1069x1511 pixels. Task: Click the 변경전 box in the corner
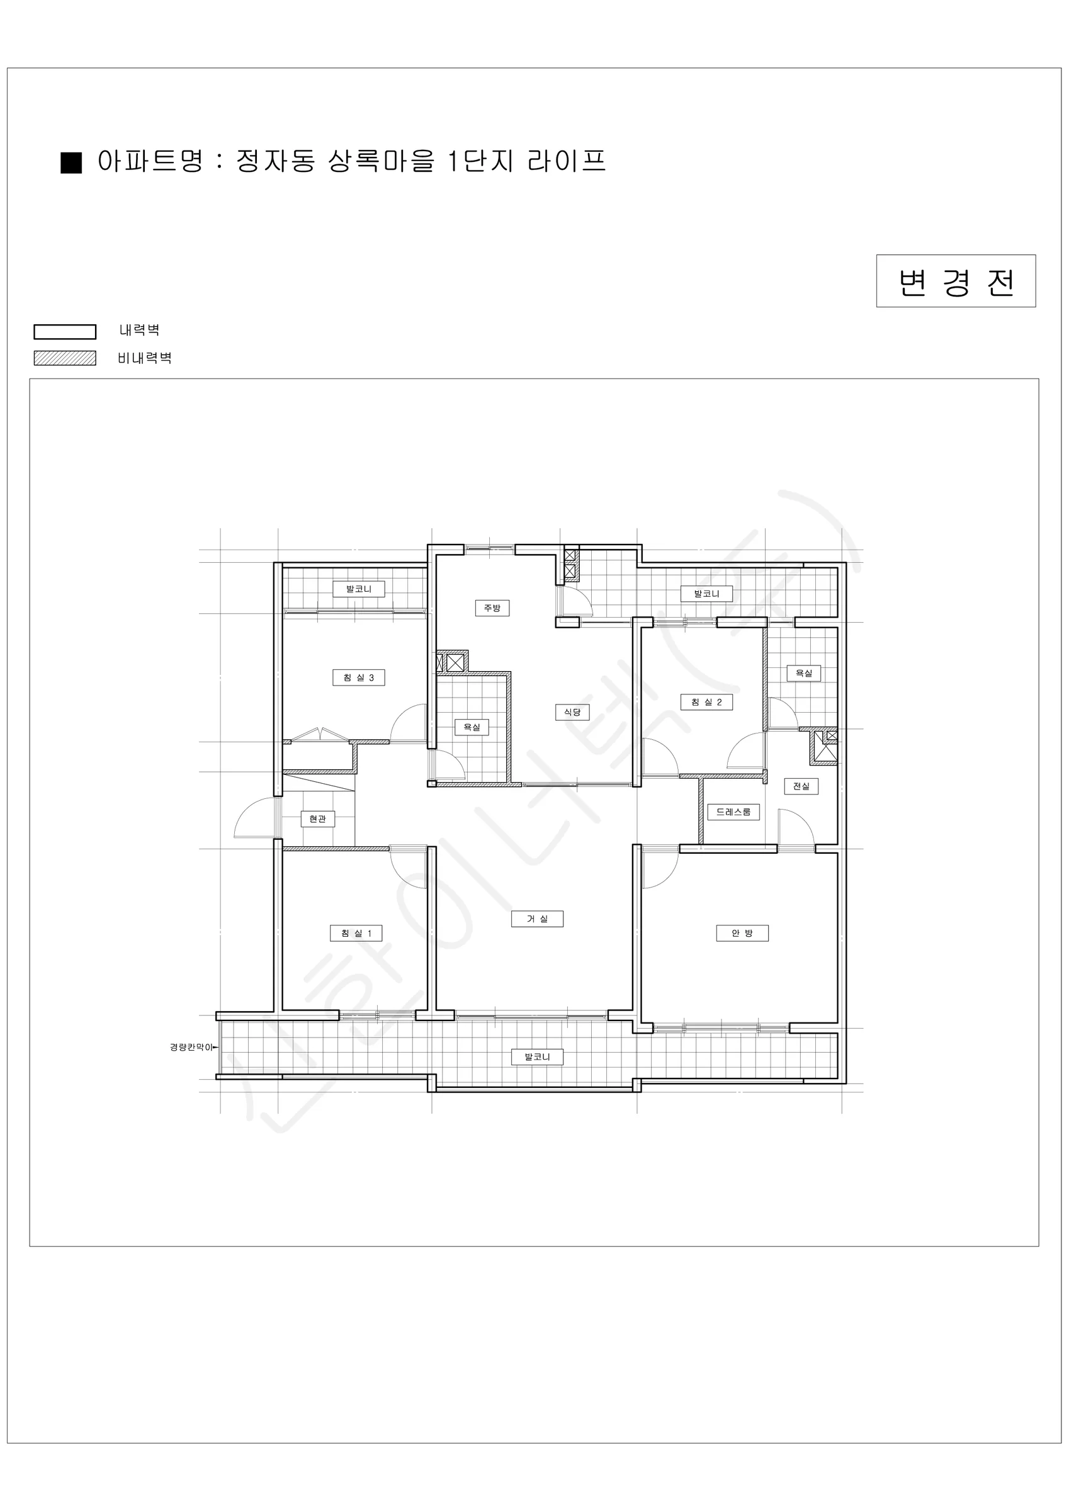(955, 281)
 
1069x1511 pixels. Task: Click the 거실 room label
(537, 919)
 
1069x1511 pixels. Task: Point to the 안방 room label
(742, 933)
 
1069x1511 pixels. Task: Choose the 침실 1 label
(356, 933)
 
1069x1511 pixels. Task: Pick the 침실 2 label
(706, 702)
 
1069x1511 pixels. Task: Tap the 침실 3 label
(359, 678)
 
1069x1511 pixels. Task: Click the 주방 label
(492, 608)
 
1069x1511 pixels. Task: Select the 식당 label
(572, 712)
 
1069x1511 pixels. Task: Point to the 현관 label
(318, 819)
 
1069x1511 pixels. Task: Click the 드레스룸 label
(733, 812)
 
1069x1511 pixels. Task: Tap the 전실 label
(801, 786)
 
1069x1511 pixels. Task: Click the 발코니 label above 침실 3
(359, 589)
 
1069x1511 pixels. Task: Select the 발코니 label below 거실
(537, 1057)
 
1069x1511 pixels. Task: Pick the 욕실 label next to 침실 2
(804, 673)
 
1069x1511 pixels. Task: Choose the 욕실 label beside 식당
(472, 727)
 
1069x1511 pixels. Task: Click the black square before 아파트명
(71, 162)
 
